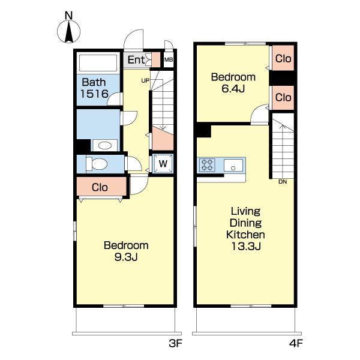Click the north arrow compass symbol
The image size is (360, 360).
[x=68, y=32]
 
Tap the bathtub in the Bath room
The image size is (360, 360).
[x=98, y=62]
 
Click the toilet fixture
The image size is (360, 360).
[x=97, y=164]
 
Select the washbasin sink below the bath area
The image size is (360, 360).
[x=104, y=145]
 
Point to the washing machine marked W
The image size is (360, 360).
[x=163, y=164]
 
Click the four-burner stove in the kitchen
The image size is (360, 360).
[x=207, y=165]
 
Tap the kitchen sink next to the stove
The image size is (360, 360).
[x=233, y=165]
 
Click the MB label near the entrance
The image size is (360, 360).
[x=169, y=59]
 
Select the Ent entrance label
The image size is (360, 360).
[x=136, y=60]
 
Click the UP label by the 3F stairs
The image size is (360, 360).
[x=145, y=80]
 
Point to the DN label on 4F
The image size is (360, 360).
[x=283, y=182]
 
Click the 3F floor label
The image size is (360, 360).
[x=175, y=343]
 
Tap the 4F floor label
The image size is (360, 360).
[x=296, y=343]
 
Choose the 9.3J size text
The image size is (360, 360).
[x=126, y=257]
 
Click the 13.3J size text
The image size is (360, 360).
[x=245, y=247]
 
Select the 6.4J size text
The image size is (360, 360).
[x=233, y=89]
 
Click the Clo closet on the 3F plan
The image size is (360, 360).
[x=100, y=187]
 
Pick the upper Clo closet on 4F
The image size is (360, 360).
[x=283, y=59]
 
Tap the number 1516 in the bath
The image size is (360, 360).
[x=94, y=94]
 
